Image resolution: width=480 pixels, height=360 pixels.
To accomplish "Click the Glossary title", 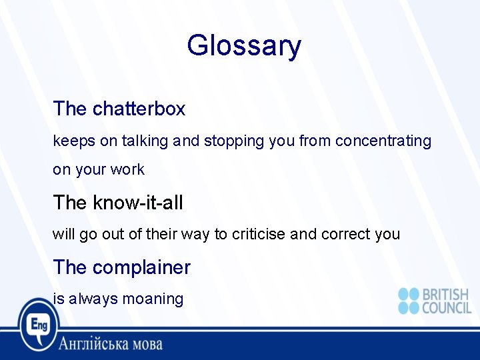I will tap(244, 46).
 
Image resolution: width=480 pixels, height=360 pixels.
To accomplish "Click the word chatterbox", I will tap(139, 109).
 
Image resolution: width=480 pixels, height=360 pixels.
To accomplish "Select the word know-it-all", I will tap(137, 203).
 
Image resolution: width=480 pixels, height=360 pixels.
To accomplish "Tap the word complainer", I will tap(141, 268).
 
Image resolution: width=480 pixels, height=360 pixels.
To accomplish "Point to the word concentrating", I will tap(383, 141).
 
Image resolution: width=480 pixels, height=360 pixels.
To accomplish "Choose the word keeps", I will tap(69, 141).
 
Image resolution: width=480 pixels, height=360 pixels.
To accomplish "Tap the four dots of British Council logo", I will tap(408, 301).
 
